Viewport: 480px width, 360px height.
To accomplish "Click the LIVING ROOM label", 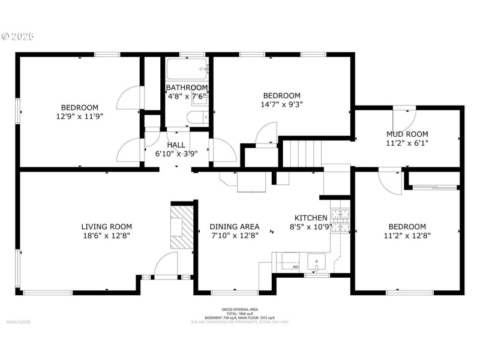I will [106, 226].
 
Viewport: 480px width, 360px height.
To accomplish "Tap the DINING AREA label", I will [235, 226].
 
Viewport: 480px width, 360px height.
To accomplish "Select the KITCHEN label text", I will [311, 218].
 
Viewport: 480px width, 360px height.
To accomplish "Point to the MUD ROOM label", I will [407, 134].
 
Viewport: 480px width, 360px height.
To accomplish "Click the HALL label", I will [176, 145].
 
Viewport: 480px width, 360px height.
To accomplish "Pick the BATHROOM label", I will [187, 88].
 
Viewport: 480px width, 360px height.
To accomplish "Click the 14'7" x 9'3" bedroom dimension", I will [282, 104].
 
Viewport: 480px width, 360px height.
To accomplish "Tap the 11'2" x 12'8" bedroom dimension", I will [407, 236].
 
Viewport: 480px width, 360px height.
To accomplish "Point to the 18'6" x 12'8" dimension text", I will [106, 236].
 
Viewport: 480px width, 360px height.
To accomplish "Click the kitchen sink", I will [316, 261].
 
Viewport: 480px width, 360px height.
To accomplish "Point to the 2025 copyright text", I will [18, 36].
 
